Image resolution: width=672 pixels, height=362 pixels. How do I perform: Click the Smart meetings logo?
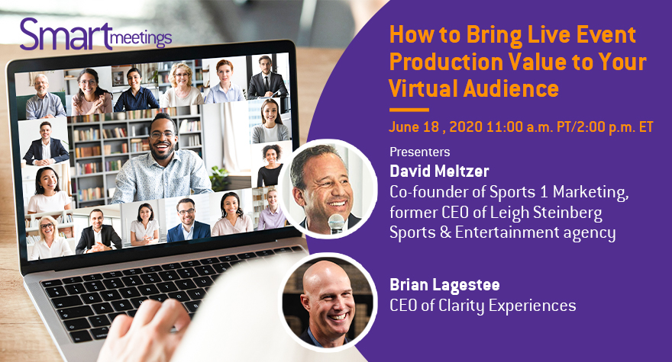pyautogui.click(x=95, y=34)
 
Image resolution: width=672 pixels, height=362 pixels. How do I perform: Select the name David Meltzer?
pyautogui.click(x=439, y=171)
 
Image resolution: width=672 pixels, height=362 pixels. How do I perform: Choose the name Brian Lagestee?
pyautogui.click(x=445, y=285)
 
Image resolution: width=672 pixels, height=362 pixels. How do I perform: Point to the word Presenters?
pyautogui.click(x=419, y=152)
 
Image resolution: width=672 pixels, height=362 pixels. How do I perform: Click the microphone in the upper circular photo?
pyautogui.click(x=337, y=223)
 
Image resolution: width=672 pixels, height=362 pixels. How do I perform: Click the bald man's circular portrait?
pyautogui.click(x=328, y=302)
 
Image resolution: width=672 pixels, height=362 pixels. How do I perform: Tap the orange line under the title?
pyautogui.click(x=409, y=110)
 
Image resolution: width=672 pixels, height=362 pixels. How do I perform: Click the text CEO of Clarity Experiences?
pyautogui.click(x=483, y=306)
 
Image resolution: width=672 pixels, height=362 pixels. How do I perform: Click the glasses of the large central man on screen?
pyautogui.click(x=162, y=135)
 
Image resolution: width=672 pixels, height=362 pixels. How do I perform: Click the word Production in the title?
pyautogui.click(x=445, y=62)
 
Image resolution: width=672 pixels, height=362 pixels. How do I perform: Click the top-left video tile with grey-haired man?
pyautogui.click(x=41, y=95)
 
